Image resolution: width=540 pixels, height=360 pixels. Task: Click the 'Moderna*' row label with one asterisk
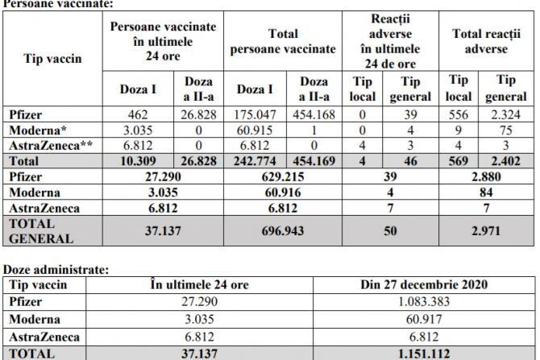pos(33,130)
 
